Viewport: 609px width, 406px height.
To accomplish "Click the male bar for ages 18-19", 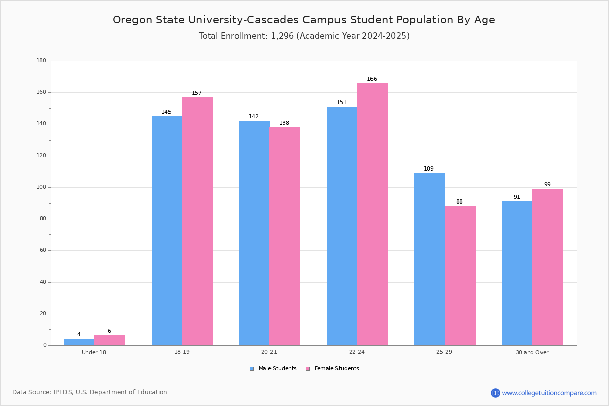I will (x=167, y=231).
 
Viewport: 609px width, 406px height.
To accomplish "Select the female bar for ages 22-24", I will (x=373, y=214).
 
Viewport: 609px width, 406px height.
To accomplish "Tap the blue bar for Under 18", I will (x=79, y=342).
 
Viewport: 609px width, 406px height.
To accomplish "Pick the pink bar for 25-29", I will (x=460, y=276).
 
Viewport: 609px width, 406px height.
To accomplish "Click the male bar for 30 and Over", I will (x=517, y=273).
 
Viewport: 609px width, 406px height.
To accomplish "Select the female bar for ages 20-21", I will (x=285, y=236).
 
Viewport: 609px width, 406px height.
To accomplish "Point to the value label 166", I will (x=372, y=79).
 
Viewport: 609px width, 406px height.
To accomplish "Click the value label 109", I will (x=429, y=169).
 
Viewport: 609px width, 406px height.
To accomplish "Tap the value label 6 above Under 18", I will (x=109, y=331).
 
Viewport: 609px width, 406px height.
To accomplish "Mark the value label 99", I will (x=547, y=185).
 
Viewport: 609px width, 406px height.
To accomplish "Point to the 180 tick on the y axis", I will (x=41, y=61).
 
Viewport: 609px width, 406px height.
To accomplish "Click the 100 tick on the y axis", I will (x=41, y=187).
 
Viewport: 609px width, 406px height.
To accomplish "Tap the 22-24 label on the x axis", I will (x=357, y=352).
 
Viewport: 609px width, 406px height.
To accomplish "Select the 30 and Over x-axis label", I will (x=532, y=352).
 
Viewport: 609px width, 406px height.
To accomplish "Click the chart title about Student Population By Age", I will (x=303, y=20).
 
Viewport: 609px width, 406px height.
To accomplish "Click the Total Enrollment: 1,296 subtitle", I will (x=303, y=36).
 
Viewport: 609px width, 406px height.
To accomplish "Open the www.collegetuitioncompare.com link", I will (x=549, y=393).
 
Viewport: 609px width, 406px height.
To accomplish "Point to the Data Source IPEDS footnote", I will (x=90, y=392).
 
